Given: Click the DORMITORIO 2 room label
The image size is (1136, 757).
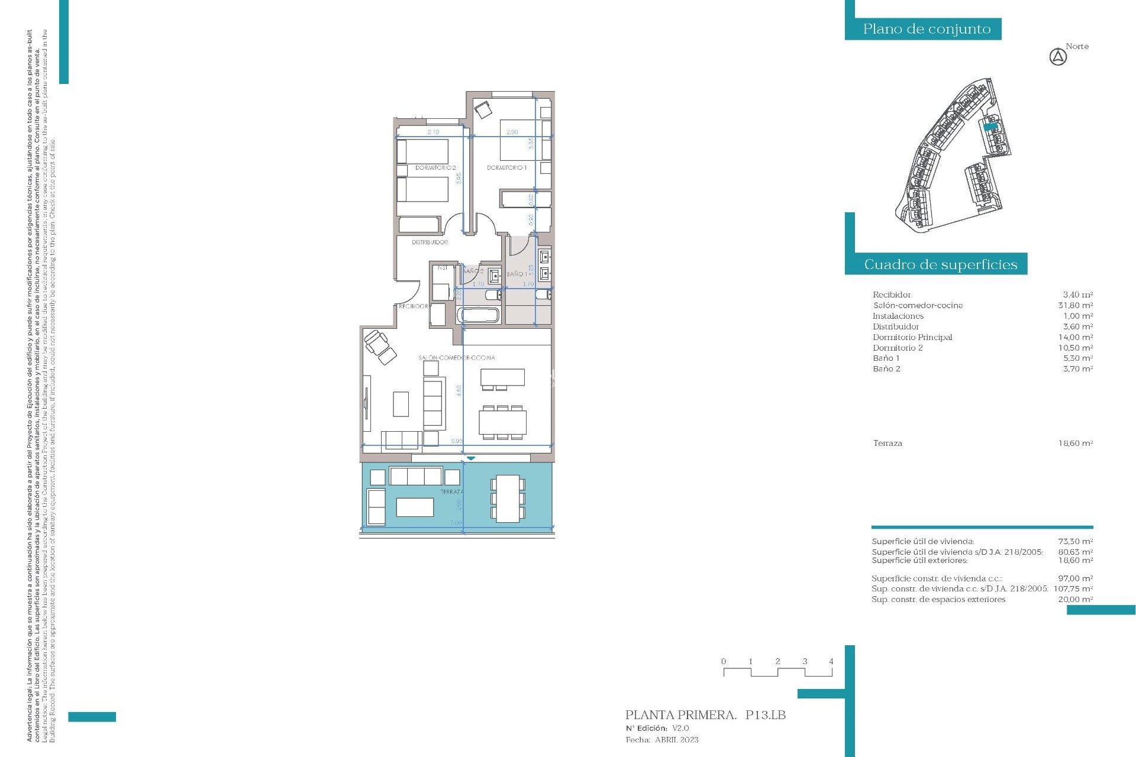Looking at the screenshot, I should point(435,168).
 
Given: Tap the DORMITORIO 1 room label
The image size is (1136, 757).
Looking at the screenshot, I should point(506,168).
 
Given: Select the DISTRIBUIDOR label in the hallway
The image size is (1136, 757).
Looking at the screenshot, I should point(430,242).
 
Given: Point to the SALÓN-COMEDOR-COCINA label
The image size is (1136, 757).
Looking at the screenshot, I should point(456,358).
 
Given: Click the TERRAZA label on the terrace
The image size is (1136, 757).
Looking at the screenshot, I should point(451,492).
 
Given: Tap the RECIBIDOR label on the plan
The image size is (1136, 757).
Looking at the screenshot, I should point(413,306).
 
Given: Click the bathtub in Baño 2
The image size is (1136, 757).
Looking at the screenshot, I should point(479,315).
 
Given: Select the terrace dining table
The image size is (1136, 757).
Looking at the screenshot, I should point(507,499).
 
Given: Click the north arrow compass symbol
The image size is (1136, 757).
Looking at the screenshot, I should point(1058,57).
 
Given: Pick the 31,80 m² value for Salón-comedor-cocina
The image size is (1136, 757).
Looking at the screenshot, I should point(1075,305).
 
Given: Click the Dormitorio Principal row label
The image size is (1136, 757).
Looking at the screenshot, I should point(912,337).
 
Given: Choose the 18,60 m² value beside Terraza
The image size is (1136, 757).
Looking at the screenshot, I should point(1075,443).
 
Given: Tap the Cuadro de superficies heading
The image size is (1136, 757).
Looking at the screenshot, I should point(940,264).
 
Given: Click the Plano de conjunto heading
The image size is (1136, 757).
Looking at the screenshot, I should point(926,29).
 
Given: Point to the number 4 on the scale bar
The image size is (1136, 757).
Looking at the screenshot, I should point(831,661).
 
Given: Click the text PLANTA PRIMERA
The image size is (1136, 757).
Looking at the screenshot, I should point(680,715).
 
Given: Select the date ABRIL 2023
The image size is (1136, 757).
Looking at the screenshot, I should point(676,740).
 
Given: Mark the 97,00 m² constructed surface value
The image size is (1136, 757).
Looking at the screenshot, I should point(1075,578).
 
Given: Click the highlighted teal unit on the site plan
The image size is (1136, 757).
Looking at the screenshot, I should point(990,126).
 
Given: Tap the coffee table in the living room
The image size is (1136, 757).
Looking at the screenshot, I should point(401,404).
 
